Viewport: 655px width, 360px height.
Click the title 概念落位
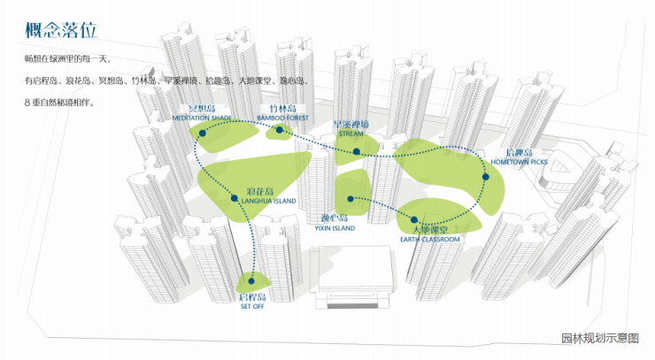pos(60,29)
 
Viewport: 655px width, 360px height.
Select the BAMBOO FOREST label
pos(284,117)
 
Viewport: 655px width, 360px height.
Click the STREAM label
pos(351,134)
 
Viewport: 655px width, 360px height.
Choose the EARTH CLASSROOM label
pos(431,239)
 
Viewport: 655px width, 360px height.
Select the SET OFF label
pos(252,307)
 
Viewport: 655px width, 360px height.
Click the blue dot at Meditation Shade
pos(202,133)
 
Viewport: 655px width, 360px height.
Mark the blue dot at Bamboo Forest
pos(280,130)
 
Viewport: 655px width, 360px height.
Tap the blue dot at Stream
pos(357,151)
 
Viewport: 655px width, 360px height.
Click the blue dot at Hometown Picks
pos(485,178)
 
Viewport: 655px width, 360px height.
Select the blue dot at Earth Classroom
pos(413,220)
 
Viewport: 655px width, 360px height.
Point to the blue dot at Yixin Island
pos(351,198)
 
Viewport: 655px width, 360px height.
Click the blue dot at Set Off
pos(250,285)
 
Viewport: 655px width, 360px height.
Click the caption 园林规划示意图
pos(599,338)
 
